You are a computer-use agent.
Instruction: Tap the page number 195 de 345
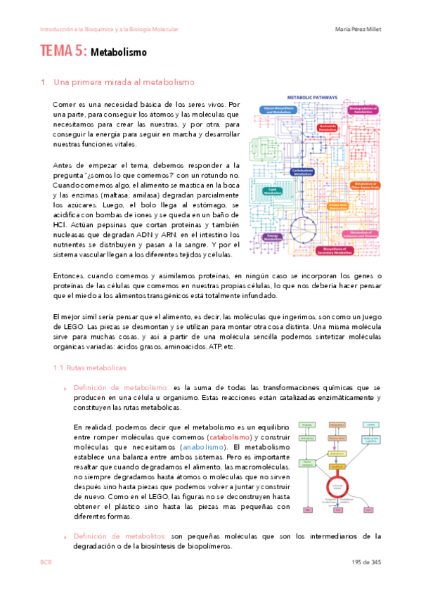coord(366,562)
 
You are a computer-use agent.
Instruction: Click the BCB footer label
coord(46,562)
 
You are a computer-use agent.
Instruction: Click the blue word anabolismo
coord(203,447)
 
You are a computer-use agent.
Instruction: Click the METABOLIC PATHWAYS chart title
coord(312,98)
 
